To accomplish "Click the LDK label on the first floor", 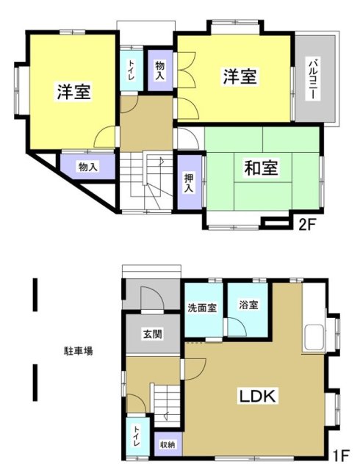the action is pyautogui.click(x=257, y=397).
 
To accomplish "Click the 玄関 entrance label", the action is pyautogui.click(x=153, y=334).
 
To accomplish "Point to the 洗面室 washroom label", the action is pyautogui.click(x=203, y=308).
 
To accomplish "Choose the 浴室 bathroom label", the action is pyautogui.click(x=249, y=305).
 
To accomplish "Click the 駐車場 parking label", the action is pyautogui.click(x=79, y=351).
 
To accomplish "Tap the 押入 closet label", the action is pyautogui.click(x=189, y=183).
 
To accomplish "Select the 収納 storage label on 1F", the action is pyautogui.click(x=168, y=444).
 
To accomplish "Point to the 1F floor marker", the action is pyautogui.click(x=341, y=457).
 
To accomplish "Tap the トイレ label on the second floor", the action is pyautogui.click(x=132, y=70).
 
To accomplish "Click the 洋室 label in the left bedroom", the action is pyautogui.click(x=73, y=93).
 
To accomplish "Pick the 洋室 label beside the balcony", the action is pyautogui.click(x=240, y=76).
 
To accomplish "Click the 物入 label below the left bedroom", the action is pyautogui.click(x=87, y=167).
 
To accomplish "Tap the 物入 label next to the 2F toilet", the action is pyautogui.click(x=159, y=70).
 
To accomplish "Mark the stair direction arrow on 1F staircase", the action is pyautogui.click(x=166, y=416).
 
